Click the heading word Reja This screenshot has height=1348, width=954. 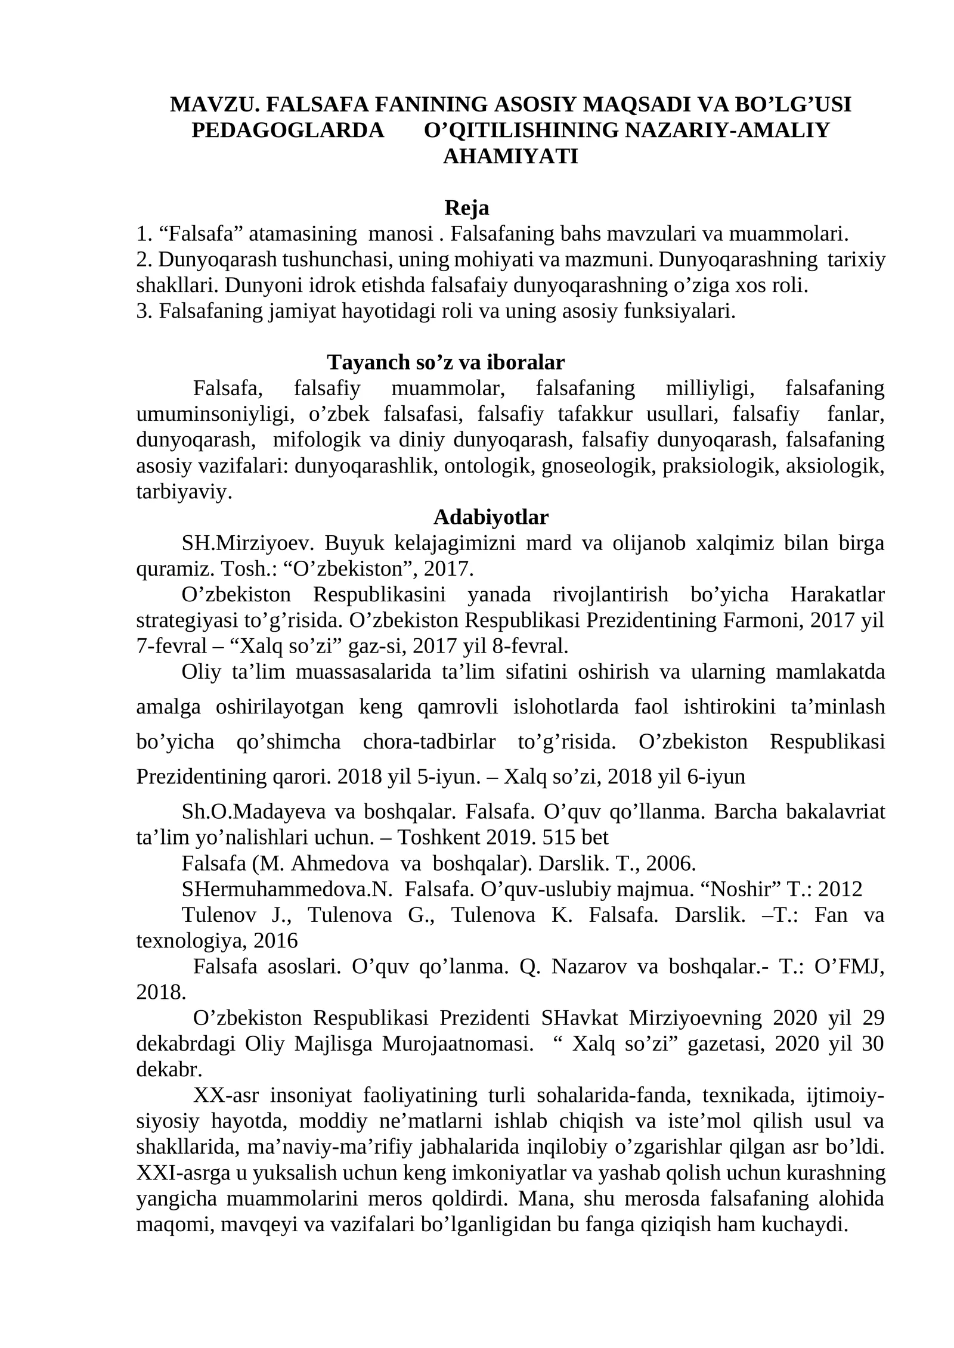coord(466,209)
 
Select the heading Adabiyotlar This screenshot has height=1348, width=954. coord(490,517)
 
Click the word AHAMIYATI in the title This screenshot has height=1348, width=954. coord(510,157)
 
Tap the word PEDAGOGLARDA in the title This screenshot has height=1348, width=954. coord(288,131)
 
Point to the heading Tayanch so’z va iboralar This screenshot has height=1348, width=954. coord(445,362)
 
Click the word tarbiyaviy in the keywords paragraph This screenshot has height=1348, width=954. coord(183,492)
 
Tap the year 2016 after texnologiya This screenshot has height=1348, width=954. coord(275,940)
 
